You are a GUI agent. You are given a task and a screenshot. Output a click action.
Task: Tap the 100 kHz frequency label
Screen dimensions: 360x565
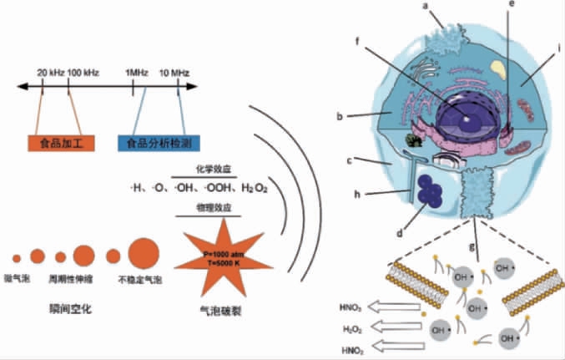point(84,73)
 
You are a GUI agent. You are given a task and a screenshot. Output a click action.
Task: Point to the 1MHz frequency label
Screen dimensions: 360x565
point(136,73)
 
